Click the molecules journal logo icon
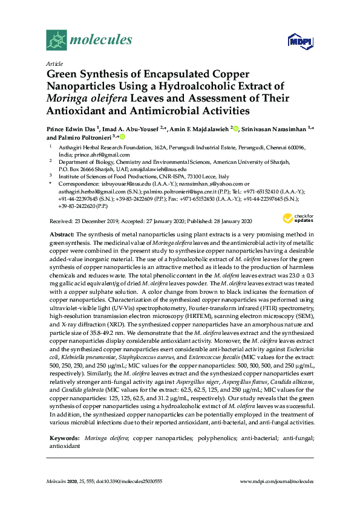pos(56,41)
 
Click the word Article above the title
pos(54,63)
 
